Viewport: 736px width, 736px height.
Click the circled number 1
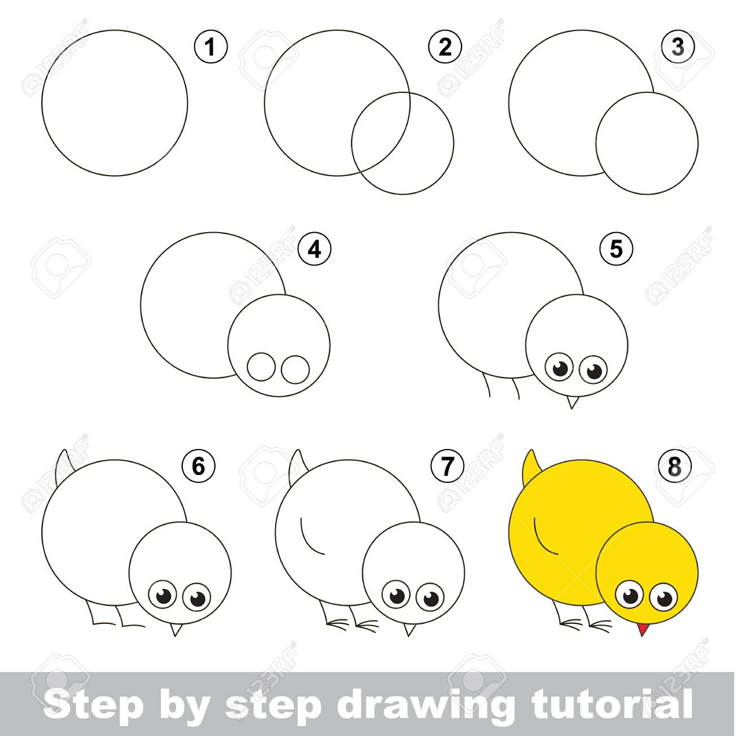point(211,48)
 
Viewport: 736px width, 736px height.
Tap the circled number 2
point(446,48)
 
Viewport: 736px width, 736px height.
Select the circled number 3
point(678,48)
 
